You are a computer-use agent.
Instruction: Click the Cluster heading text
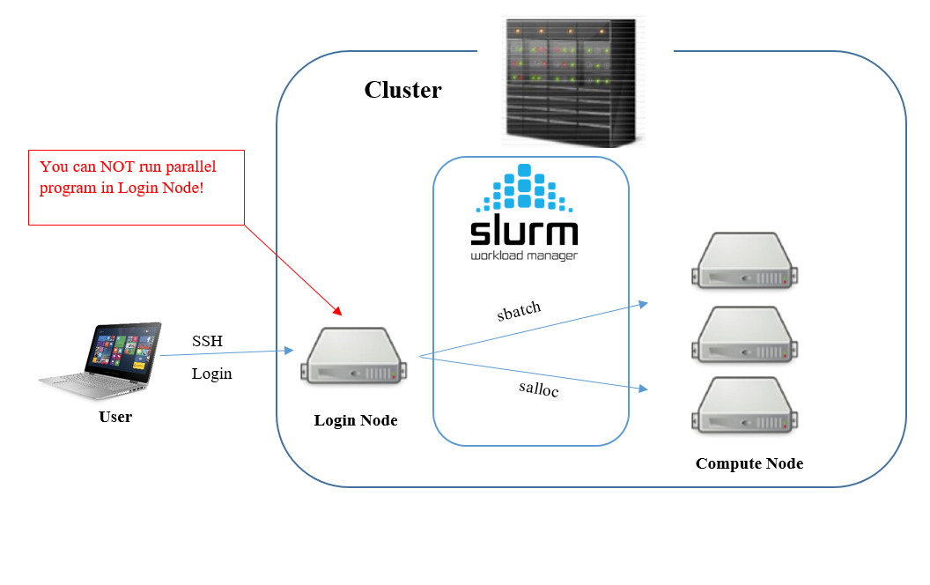(x=402, y=90)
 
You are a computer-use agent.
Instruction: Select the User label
(x=115, y=417)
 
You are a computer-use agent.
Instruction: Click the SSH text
(x=208, y=341)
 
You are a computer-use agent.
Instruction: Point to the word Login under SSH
(x=212, y=374)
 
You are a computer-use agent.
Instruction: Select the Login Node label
(x=356, y=420)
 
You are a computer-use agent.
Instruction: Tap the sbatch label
(x=519, y=311)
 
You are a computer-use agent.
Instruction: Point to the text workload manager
(x=524, y=256)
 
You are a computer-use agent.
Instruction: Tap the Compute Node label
(x=749, y=463)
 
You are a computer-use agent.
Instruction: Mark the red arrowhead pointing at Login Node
(x=337, y=309)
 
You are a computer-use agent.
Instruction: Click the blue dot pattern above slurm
(x=524, y=189)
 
